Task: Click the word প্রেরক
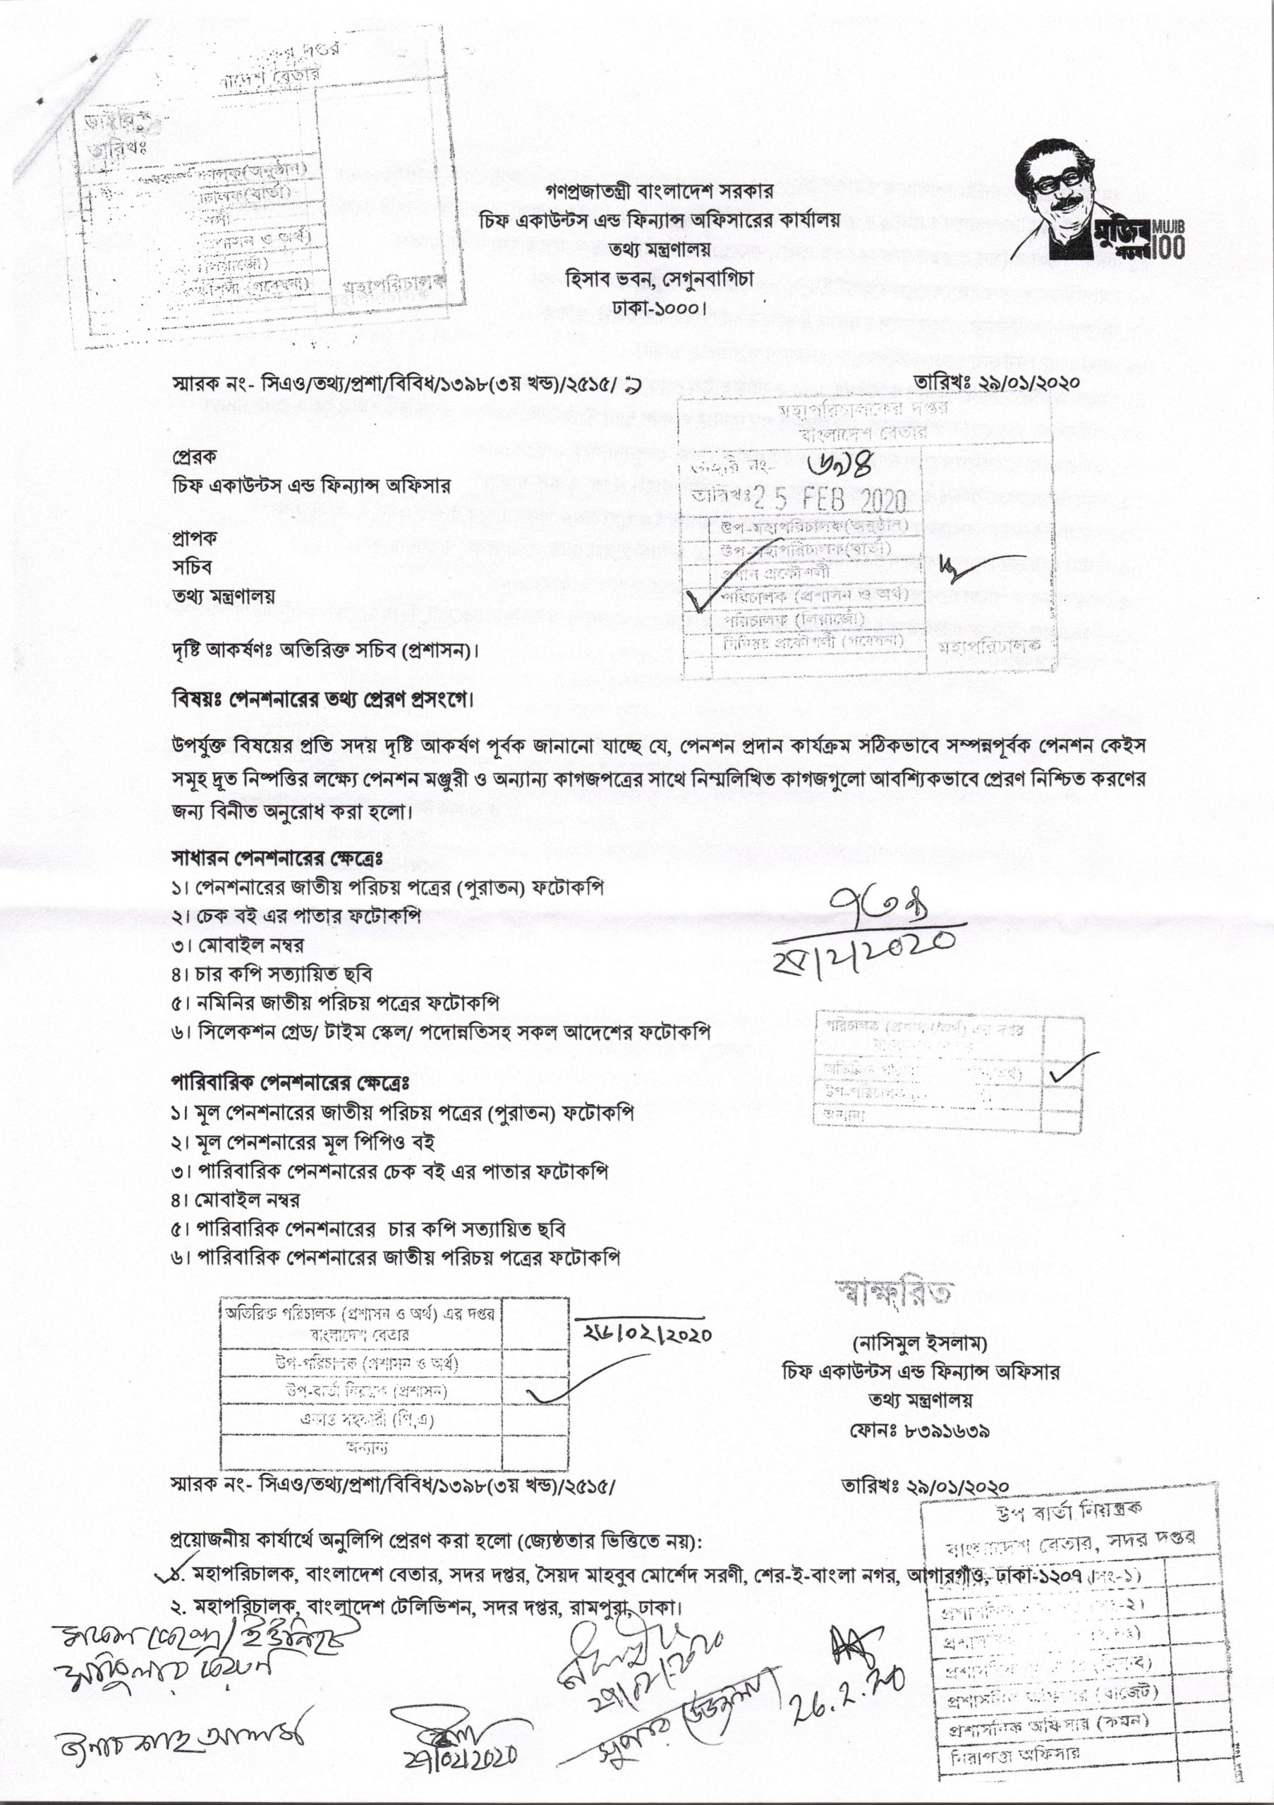193,457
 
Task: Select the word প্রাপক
193,538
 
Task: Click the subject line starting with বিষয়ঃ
323,699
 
